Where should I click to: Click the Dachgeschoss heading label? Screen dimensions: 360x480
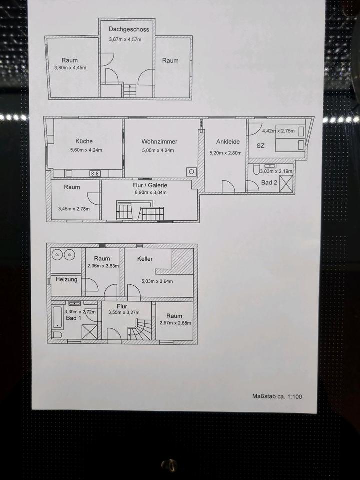pos(129,29)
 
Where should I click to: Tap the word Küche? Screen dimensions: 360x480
pos(84,141)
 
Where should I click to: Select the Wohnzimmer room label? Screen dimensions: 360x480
pos(159,141)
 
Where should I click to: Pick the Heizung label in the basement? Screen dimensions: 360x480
pos(66,279)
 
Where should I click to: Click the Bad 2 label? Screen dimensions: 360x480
pos(269,183)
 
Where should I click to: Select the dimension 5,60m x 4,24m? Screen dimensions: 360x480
pos(86,150)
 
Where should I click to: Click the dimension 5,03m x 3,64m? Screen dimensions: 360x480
pos(157,281)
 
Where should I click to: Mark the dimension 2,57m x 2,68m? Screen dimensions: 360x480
pos(174,323)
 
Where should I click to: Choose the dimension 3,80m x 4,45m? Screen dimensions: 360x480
pos(70,68)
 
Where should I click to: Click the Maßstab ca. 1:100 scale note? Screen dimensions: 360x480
pos(277,396)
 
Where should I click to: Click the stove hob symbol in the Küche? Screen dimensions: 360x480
pos(95,173)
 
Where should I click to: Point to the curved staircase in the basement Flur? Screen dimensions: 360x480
pos(140,330)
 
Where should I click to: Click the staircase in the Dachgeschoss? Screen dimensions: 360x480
pos(129,91)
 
